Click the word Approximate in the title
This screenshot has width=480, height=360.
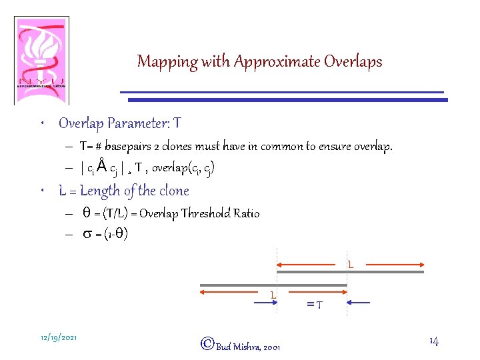point(277,62)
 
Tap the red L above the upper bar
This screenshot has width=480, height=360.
point(350,265)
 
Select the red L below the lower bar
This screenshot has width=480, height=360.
point(273,295)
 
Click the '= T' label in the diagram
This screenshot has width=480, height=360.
point(315,305)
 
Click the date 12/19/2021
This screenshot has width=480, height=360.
point(58,338)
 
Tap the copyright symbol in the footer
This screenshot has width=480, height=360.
point(207,344)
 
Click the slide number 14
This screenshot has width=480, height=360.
point(434,341)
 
